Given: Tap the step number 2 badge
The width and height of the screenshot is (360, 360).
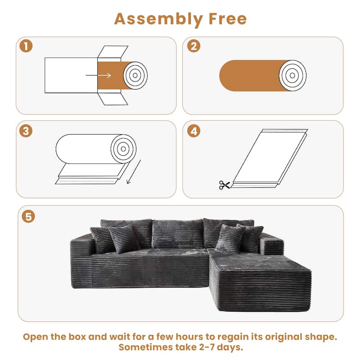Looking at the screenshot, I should click(x=193, y=46).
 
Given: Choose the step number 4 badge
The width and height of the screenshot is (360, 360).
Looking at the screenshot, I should click(x=193, y=131).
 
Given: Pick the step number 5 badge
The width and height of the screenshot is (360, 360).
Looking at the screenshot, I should click(x=29, y=216).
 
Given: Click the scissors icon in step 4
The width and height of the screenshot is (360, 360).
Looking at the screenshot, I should click(x=224, y=184).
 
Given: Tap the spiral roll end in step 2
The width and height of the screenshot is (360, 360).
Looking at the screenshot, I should click(x=292, y=75).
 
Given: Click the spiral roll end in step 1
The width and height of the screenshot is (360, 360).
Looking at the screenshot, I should click(x=135, y=75).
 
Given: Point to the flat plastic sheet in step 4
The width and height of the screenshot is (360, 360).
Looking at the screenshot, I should click(x=270, y=157).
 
